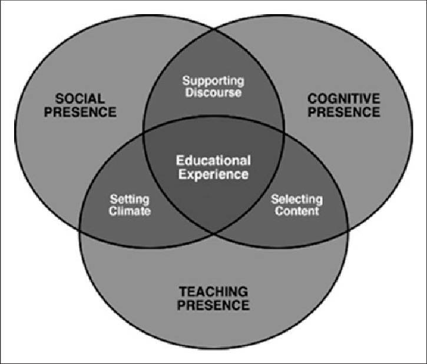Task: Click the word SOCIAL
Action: coord(80,98)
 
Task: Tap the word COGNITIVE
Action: coord(344,98)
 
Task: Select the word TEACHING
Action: coord(213,292)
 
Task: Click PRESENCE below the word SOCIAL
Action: coord(80,112)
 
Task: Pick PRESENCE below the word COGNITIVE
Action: coord(344,112)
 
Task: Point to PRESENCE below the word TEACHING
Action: coord(213,305)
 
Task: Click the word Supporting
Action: coord(213,81)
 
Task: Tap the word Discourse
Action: coord(213,92)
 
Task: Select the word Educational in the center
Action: coord(213,160)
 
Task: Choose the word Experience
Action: coord(213,174)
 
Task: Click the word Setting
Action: coord(130,200)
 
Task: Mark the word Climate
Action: coord(130,211)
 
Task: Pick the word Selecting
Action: coord(297,200)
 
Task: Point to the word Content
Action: coord(297,211)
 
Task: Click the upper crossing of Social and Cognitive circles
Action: coord(213,30)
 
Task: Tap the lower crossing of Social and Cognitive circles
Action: coord(213,234)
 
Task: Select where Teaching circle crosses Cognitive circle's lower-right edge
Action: coord(347,230)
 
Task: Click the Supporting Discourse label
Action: coord(213,87)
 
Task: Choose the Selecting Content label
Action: coord(297,206)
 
